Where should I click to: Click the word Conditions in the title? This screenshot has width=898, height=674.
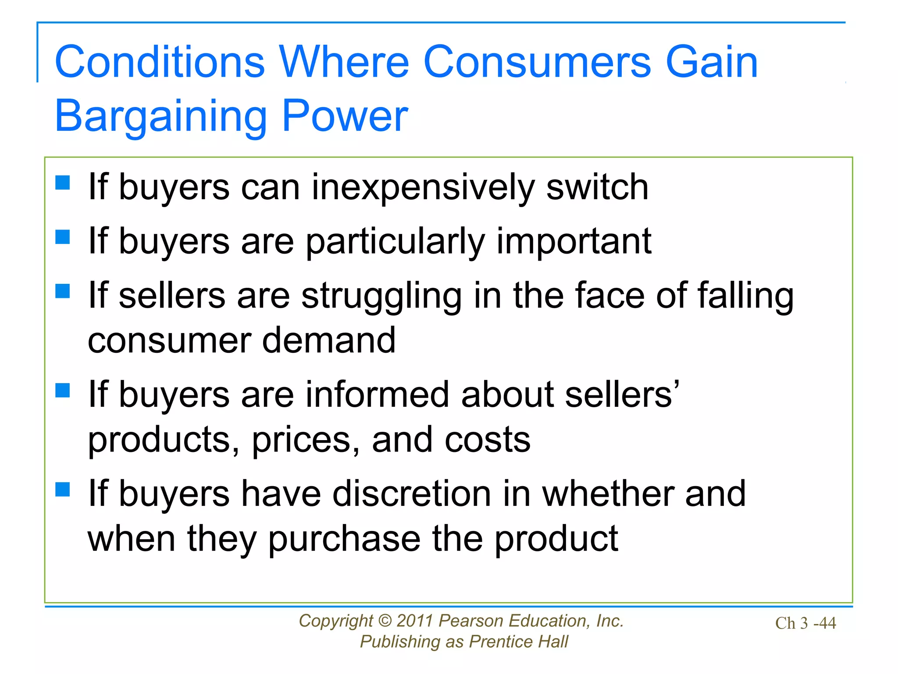point(160,62)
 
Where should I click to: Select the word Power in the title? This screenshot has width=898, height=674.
point(345,116)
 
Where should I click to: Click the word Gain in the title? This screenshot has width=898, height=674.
point(711,62)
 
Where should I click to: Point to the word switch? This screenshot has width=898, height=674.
point(597,187)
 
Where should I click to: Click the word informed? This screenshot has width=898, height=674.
point(377,394)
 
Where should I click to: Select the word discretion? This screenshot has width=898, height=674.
point(412,494)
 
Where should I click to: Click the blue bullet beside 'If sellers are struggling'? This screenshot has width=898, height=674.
point(63,291)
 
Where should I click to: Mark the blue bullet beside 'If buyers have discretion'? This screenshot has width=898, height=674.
point(63,489)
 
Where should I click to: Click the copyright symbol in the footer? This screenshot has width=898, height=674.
point(384,621)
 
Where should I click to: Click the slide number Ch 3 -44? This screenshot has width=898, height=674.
point(805,623)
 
